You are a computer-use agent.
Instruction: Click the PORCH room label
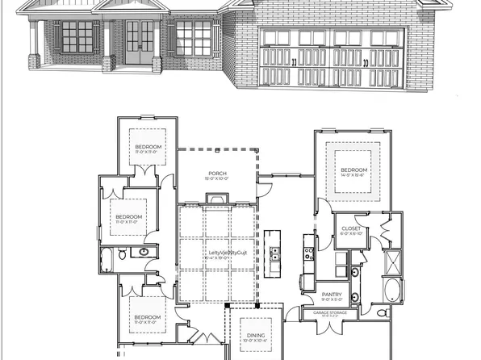[216, 173]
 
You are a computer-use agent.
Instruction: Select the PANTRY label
[332, 295]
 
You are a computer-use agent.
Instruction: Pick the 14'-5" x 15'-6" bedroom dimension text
[353, 175]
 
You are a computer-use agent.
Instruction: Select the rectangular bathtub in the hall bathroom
[107, 258]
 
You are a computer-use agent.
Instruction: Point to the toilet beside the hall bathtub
[122, 254]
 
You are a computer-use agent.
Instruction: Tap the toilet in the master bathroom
[384, 313]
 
